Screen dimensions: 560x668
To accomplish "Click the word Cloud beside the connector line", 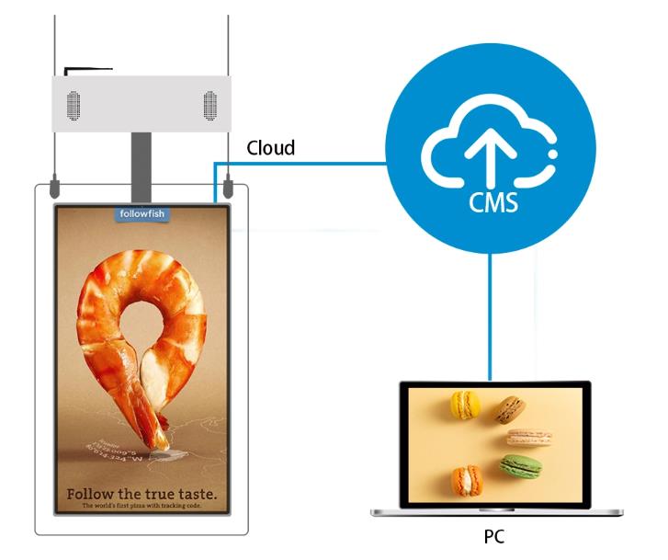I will tap(271, 147).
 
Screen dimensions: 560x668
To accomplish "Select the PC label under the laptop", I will tap(493, 536).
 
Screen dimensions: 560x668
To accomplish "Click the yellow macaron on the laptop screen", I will tap(465, 404).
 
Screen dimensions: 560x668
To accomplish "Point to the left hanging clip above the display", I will tap(55, 189).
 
